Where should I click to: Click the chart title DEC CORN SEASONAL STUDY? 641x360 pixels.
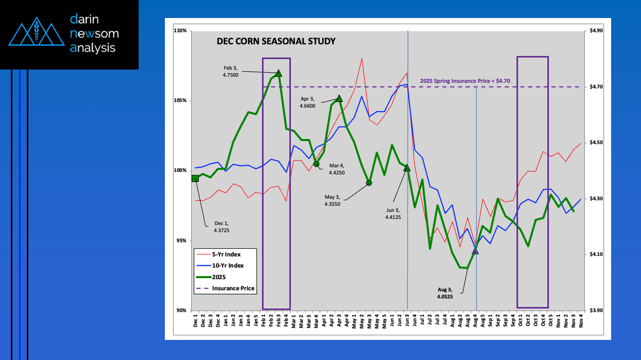pos(276,41)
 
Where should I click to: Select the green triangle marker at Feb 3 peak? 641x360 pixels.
pos(278,73)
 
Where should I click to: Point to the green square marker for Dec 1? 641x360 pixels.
pos(195,178)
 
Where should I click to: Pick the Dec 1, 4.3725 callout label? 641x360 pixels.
pos(222,227)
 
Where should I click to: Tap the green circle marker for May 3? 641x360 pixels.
pos(369,183)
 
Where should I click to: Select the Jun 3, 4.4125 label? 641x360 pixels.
pos(393,213)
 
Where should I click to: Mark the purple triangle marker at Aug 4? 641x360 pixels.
pos(475,250)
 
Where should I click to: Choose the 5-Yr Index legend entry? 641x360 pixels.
pos(227,254)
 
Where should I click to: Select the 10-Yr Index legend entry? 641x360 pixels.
pos(228,266)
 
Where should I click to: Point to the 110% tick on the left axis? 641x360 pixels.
pos(180,31)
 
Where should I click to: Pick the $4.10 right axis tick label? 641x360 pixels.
pos(596,254)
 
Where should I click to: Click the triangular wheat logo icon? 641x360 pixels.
pos(36,31)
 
